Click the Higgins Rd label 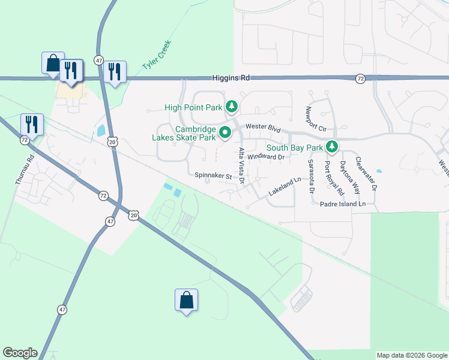231,78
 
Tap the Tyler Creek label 157,55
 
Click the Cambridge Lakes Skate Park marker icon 225,133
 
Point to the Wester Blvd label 263,128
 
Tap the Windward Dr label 265,157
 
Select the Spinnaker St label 213,176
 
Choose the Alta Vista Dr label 241,165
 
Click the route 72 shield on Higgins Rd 360,79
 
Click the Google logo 20,353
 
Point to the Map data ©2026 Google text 411,355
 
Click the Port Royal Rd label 333,178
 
